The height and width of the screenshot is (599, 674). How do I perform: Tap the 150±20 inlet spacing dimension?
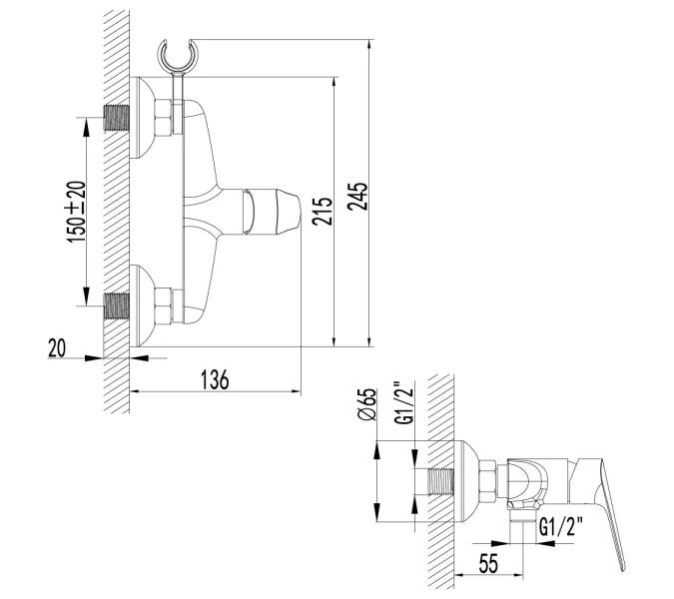[76, 211]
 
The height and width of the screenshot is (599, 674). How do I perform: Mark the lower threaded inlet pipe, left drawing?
[118, 304]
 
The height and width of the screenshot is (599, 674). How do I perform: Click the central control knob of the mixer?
[274, 212]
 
